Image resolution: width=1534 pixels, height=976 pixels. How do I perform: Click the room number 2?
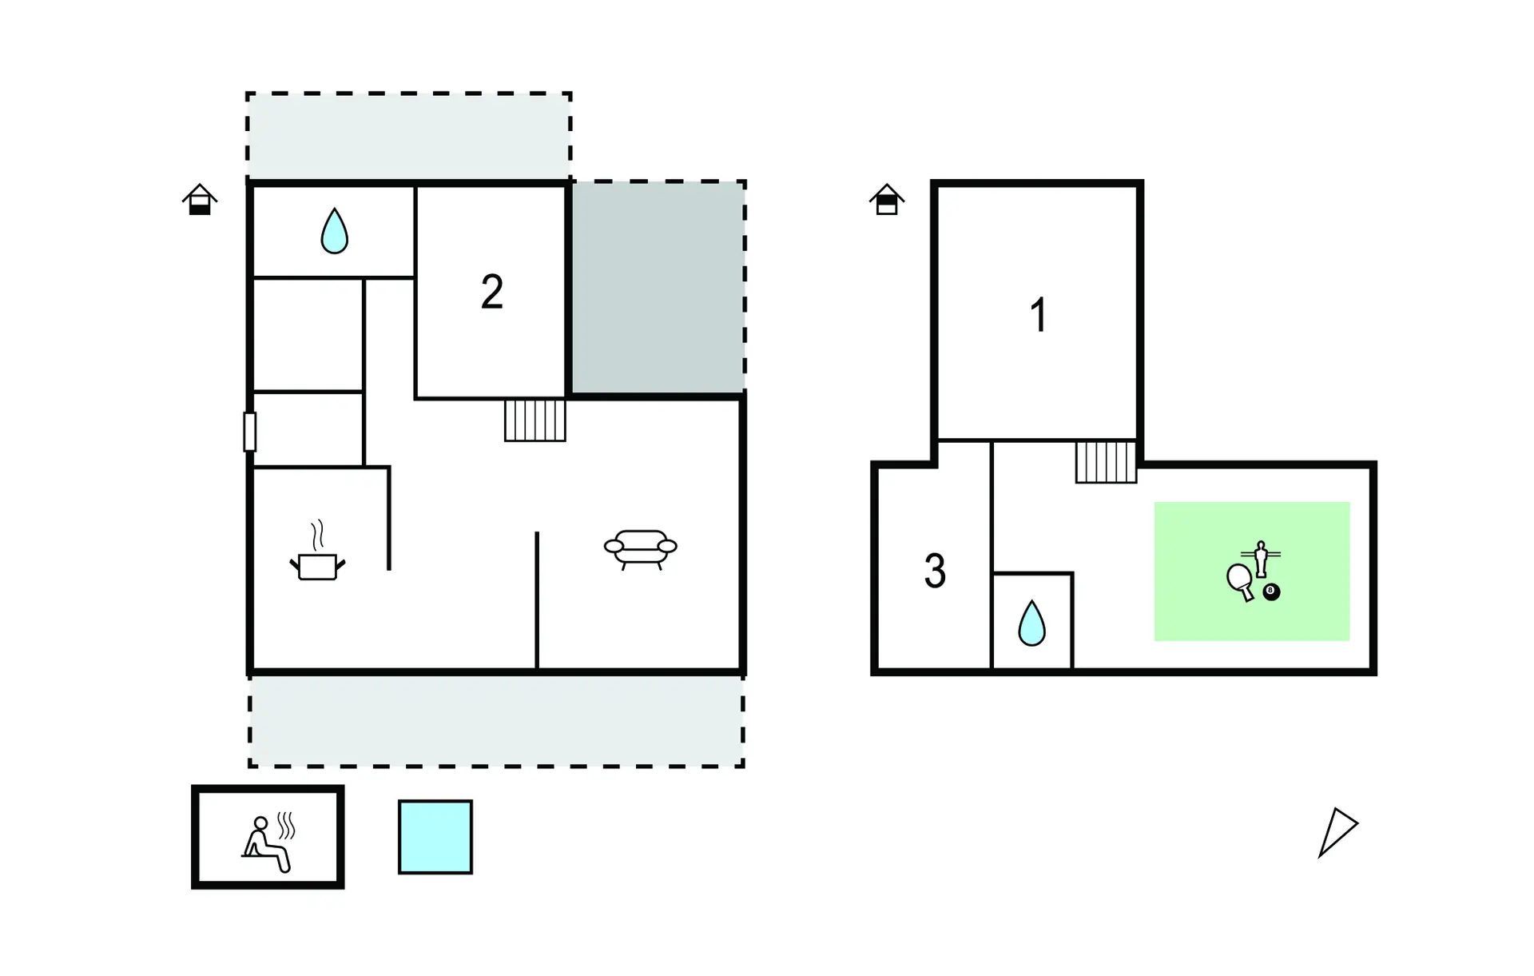point(491,292)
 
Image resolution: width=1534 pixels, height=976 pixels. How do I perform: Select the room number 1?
point(1038,314)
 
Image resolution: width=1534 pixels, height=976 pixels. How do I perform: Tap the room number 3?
point(935,572)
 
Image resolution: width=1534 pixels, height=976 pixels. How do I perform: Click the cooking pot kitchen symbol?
point(317,565)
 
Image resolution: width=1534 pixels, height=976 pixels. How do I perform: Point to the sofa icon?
point(640,548)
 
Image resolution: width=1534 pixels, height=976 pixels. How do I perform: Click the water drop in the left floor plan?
point(334,231)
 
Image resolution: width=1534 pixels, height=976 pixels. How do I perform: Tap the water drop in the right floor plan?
point(1031,623)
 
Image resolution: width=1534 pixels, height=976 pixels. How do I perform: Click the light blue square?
point(435,837)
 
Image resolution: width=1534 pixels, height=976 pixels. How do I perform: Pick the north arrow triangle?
point(1337,831)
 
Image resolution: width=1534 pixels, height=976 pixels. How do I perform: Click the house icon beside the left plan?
point(200,200)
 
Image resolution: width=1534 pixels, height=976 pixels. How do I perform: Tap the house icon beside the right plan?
point(886,200)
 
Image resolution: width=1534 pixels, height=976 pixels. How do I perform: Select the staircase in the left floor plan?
point(535,420)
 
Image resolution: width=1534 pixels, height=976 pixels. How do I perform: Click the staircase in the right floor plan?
point(1106,462)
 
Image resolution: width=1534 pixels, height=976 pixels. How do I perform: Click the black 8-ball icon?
point(1271,592)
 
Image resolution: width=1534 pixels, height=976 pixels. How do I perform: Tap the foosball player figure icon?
point(1261,558)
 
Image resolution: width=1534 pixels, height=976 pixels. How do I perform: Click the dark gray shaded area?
point(658,288)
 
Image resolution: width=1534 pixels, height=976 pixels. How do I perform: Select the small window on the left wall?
point(250,432)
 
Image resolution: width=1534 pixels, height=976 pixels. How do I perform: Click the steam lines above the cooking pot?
point(318,534)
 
